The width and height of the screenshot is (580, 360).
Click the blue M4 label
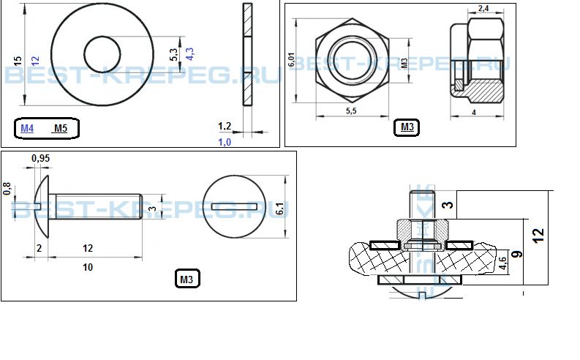[x=27, y=128]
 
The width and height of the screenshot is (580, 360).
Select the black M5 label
[x=61, y=128]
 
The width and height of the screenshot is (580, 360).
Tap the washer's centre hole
[x=102, y=54]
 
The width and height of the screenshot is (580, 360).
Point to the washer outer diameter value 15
[x=18, y=61]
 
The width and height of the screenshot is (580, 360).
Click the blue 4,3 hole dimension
[x=189, y=54]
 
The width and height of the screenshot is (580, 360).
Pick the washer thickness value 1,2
[x=225, y=126]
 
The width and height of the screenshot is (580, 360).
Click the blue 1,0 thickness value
[x=225, y=142]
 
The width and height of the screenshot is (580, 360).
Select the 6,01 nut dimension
[x=292, y=59]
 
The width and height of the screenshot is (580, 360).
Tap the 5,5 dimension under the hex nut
[x=351, y=110]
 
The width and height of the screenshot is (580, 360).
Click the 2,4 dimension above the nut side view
[x=483, y=8]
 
